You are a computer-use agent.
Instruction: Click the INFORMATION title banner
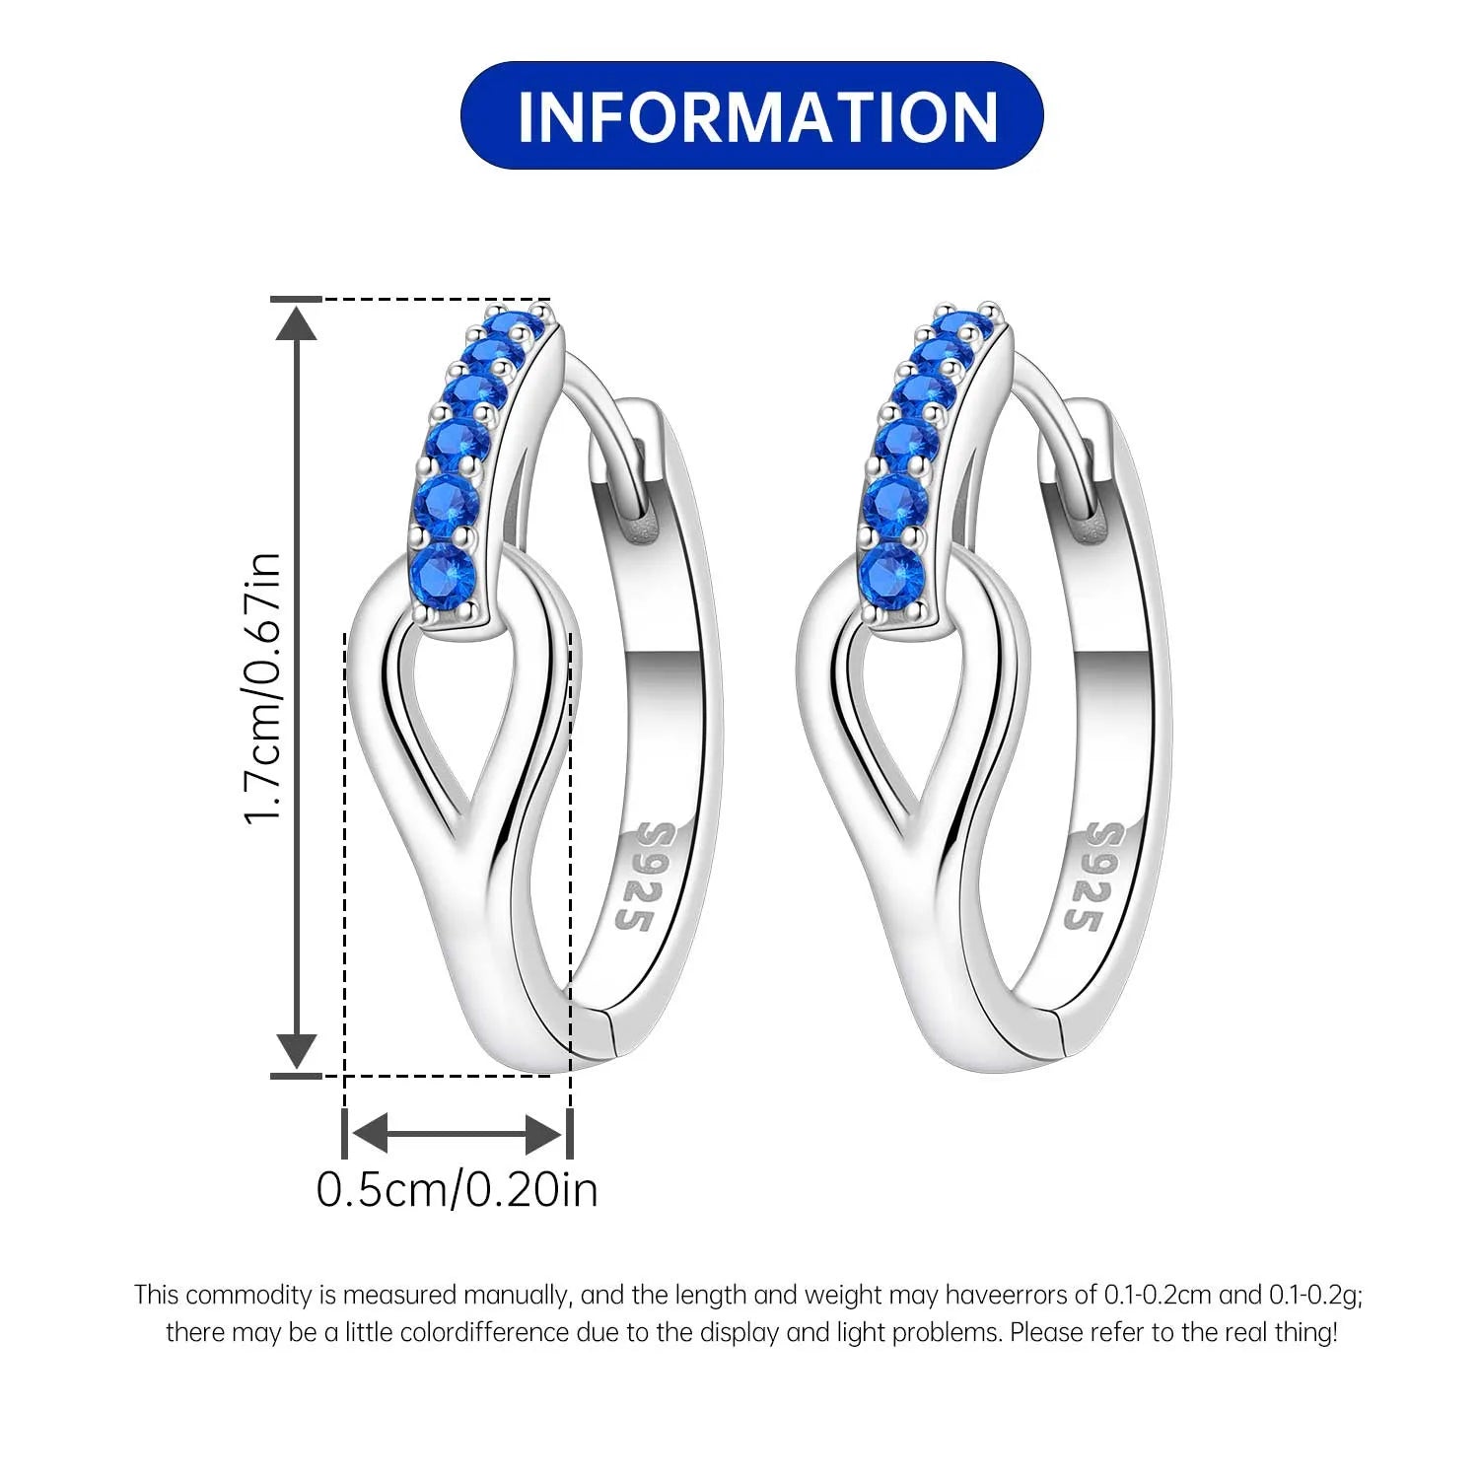(x=751, y=115)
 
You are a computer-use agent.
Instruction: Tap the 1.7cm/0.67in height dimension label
(x=264, y=689)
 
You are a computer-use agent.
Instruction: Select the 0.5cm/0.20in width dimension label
(x=458, y=1189)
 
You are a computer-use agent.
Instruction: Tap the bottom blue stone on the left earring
(x=443, y=571)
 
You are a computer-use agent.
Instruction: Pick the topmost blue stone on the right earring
(x=963, y=325)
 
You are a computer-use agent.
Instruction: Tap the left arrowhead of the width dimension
(x=370, y=1134)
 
